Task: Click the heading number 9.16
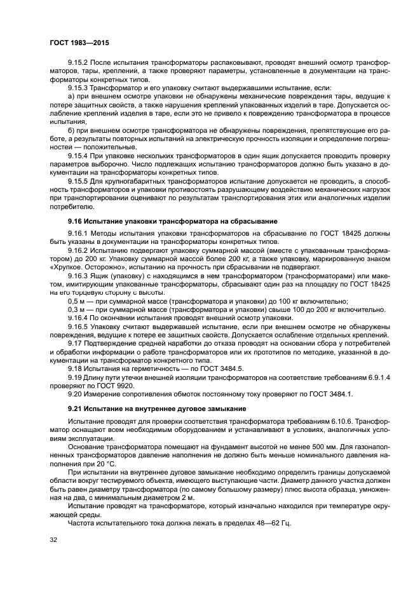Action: pyautogui.click(x=76, y=220)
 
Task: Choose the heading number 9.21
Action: pyautogui.click(x=76, y=407)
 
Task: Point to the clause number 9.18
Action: pyautogui.click(x=76, y=368)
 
